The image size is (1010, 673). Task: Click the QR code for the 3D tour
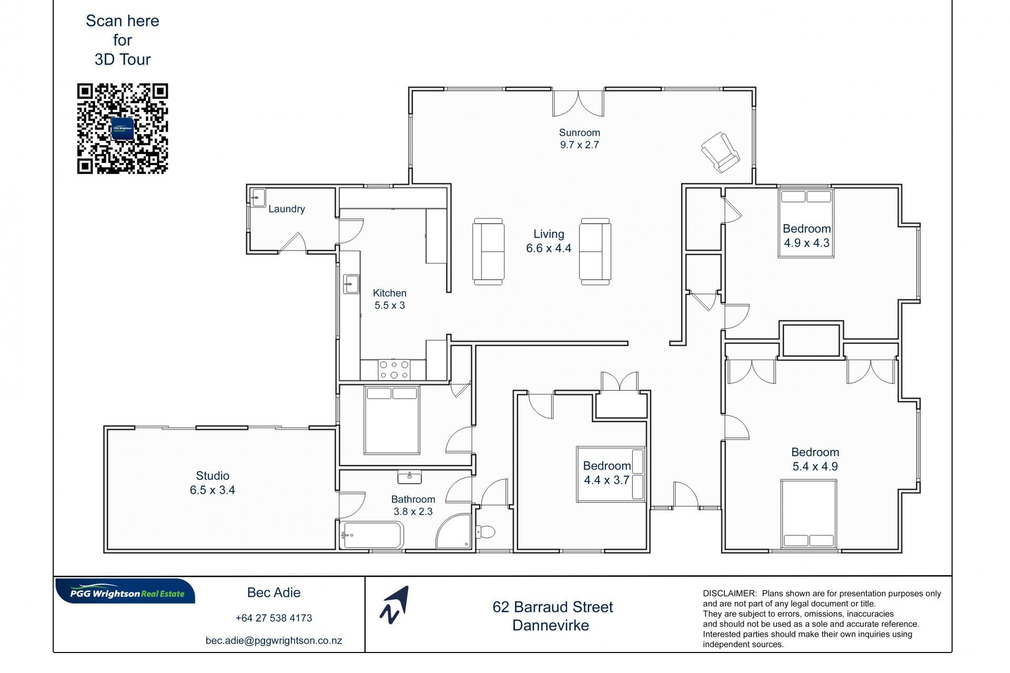123,128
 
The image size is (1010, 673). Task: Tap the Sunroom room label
579,132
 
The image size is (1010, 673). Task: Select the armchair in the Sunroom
720,152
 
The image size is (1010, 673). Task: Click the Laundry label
286,209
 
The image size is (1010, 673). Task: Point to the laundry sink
258,198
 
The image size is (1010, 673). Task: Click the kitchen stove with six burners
394,370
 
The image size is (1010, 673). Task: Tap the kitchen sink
351,284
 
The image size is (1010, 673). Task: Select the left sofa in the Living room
488,251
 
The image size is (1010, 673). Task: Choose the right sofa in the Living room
595,251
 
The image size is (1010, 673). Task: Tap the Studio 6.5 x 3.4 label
213,483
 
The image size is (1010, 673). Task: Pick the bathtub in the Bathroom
371,535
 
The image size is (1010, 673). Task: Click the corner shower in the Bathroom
453,532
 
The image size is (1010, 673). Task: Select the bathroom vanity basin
409,476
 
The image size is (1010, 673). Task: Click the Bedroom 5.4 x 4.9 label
815,459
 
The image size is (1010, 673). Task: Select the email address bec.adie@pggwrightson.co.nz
274,640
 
